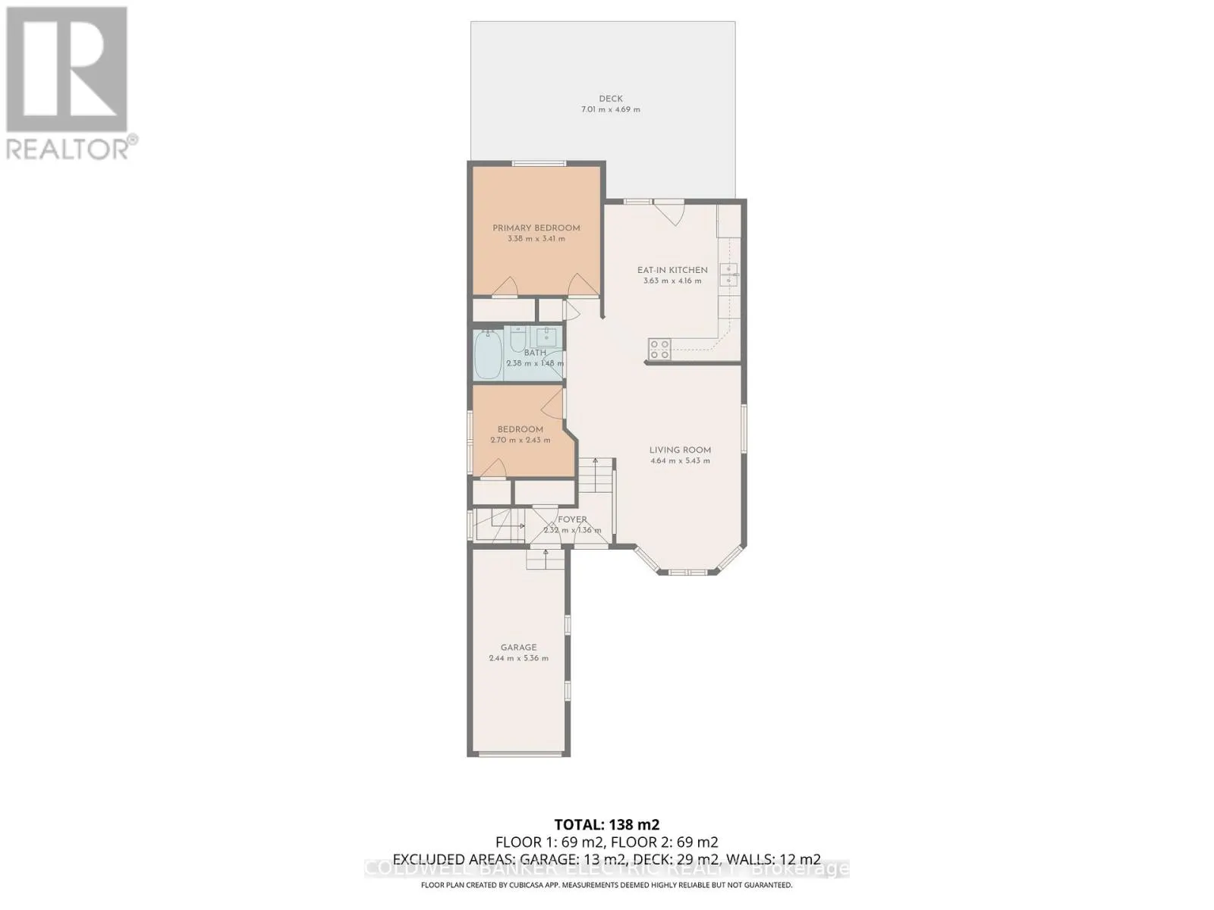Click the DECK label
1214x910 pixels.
(x=610, y=99)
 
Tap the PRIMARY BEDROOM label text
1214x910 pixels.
(x=536, y=228)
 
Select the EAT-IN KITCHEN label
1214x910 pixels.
(x=671, y=270)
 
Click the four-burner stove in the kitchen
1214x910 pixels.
(x=659, y=349)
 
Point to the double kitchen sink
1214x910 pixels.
(x=728, y=275)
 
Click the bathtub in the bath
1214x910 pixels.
(x=487, y=356)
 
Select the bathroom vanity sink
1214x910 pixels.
(x=546, y=336)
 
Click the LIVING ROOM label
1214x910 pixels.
(x=680, y=450)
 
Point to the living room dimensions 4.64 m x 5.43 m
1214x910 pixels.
(x=680, y=461)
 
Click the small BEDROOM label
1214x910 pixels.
(x=520, y=429)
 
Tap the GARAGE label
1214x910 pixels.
(x=518, y=648)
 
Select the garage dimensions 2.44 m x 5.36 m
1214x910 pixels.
(x=518, y=658)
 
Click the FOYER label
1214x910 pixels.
(x=572, y=519)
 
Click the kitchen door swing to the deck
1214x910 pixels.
(x=669, y=212)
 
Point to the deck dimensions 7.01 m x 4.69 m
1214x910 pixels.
(x=610, y=110)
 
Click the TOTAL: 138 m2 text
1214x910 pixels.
(x=606, y=824)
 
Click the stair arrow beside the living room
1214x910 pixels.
(x=596, y=462)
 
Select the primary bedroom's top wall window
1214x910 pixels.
(x=538, y=163)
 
